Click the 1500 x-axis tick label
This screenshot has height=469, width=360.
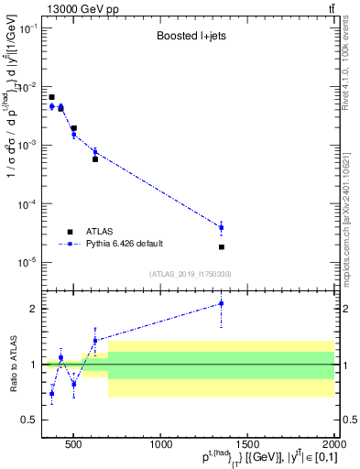(x=248, y=445)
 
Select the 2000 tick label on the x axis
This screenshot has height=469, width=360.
(x=333, y=445)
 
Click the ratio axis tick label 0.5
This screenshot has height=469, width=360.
(x=37, y=420)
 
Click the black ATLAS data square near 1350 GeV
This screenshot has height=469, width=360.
(x=221, y=247)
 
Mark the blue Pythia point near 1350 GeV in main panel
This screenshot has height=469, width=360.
(x=221, y=227)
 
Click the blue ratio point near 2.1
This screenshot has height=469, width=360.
(x=221, y=303)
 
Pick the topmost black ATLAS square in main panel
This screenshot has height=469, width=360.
(x=51, y=97)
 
